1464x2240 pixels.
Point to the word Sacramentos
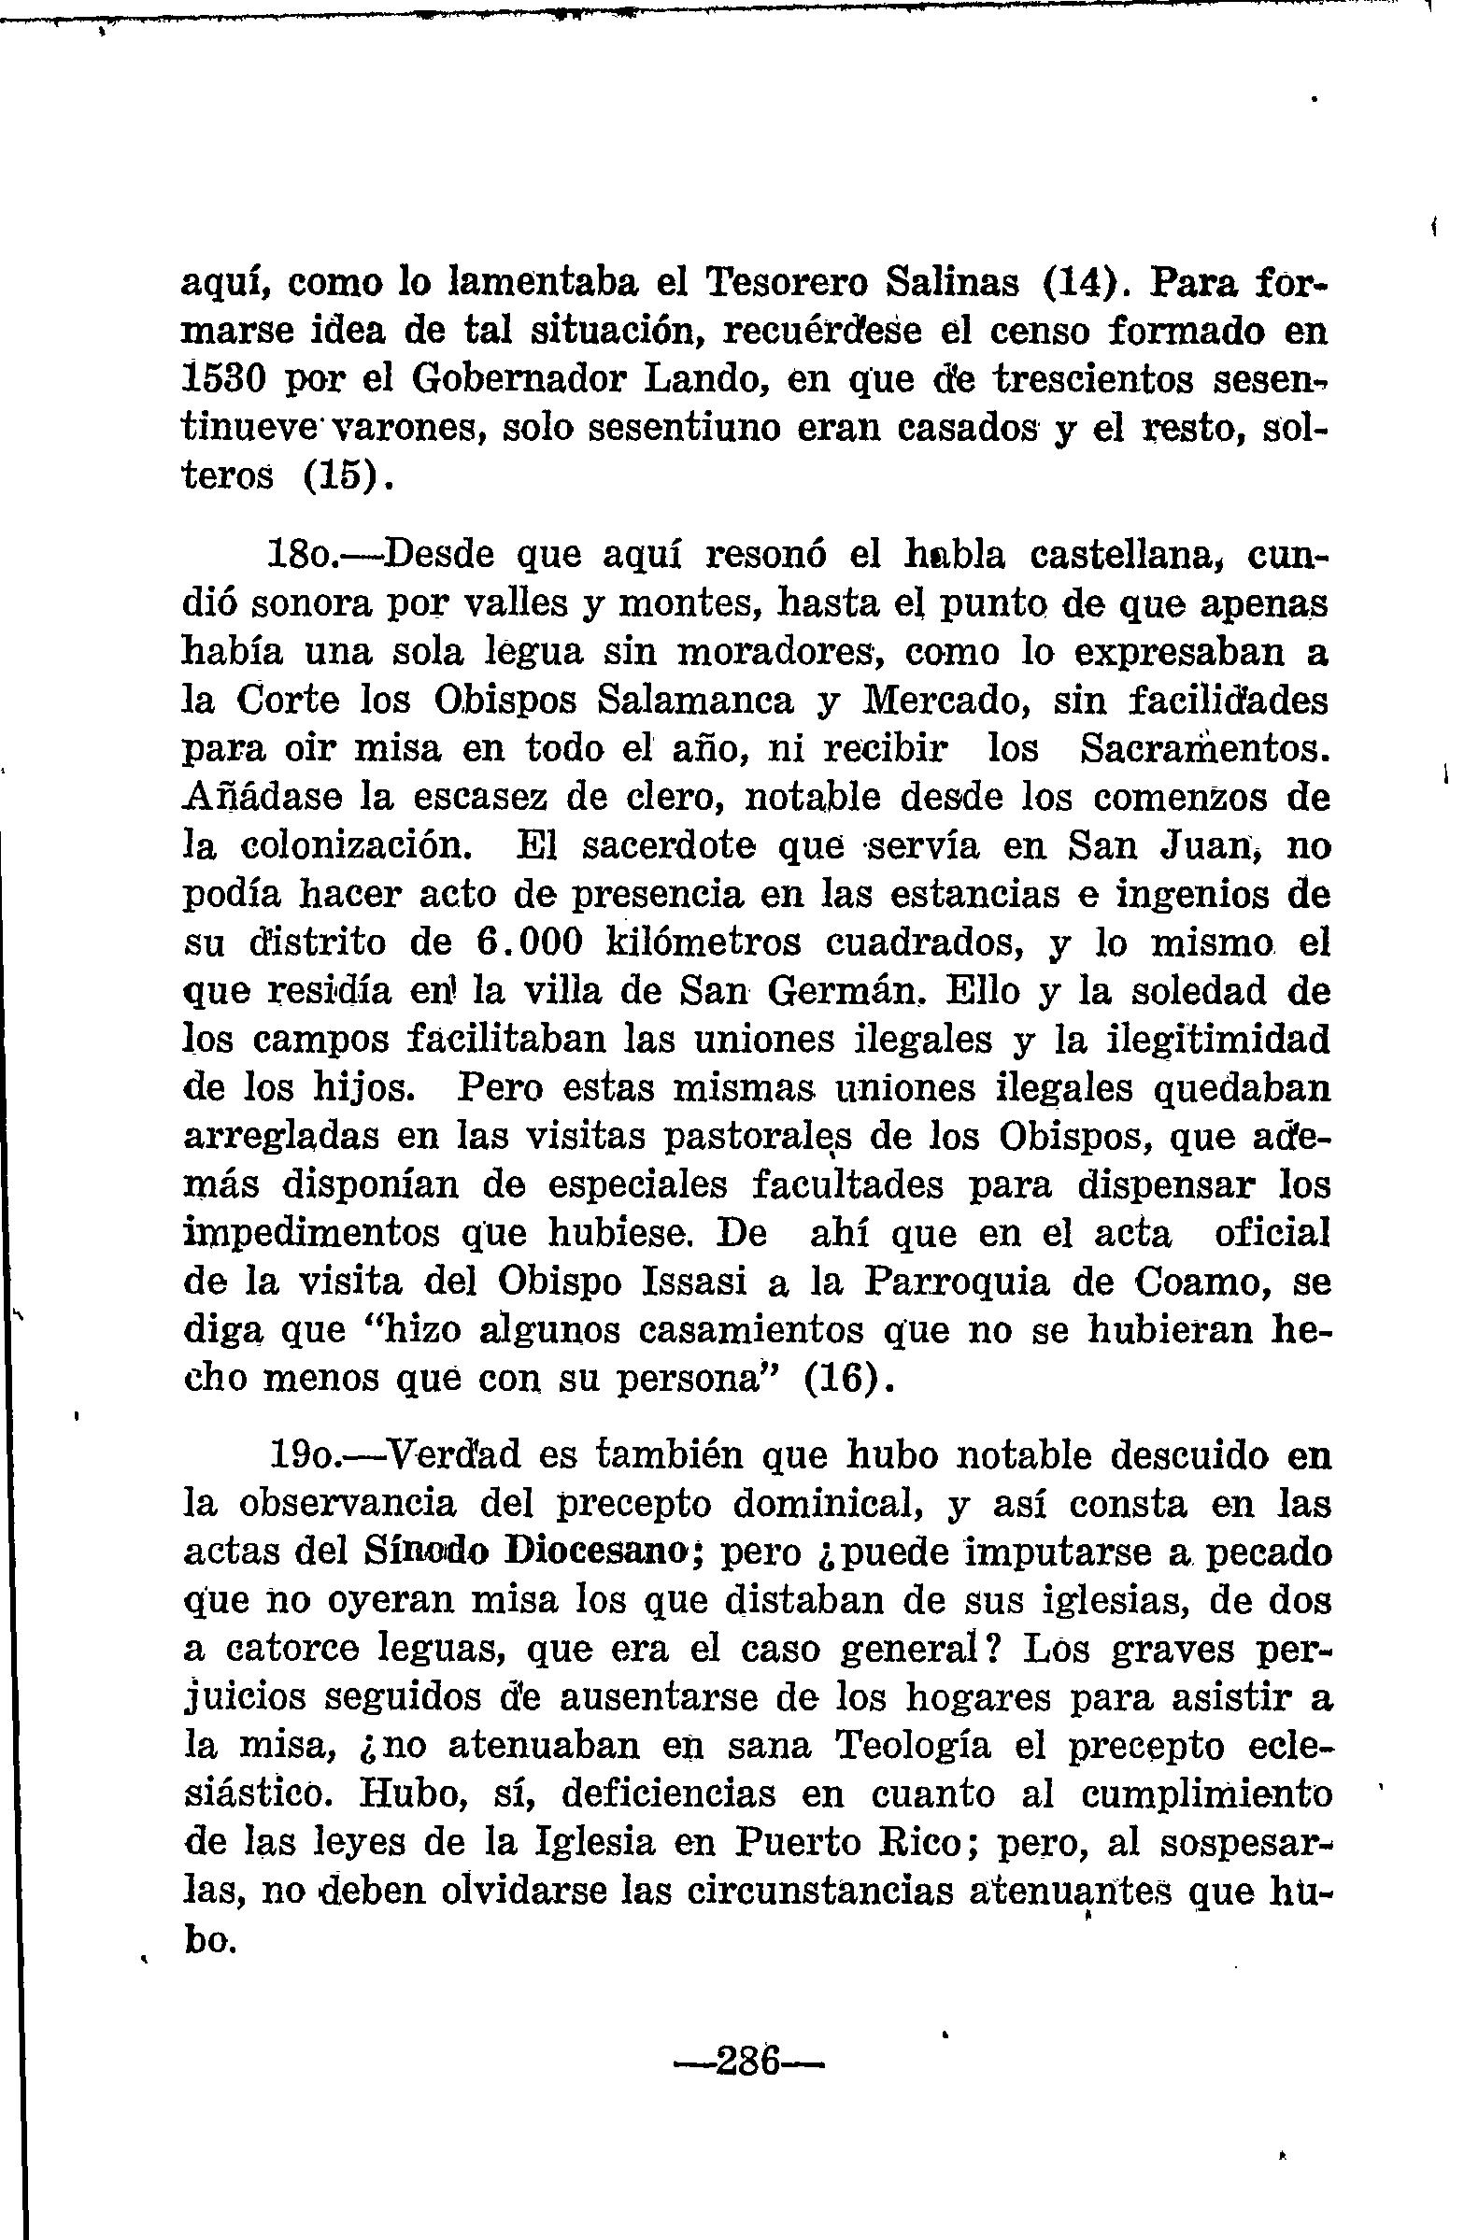coord(1206,749)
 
